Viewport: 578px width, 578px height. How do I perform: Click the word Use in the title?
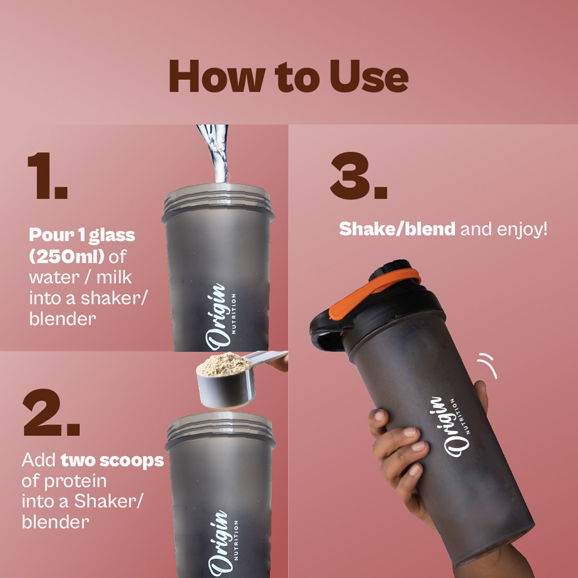click(368, 76)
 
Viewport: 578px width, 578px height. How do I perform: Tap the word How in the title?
click(217, 76)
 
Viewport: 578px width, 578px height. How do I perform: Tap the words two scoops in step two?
click(113, 460)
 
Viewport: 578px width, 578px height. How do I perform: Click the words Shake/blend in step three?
click(397, 229)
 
